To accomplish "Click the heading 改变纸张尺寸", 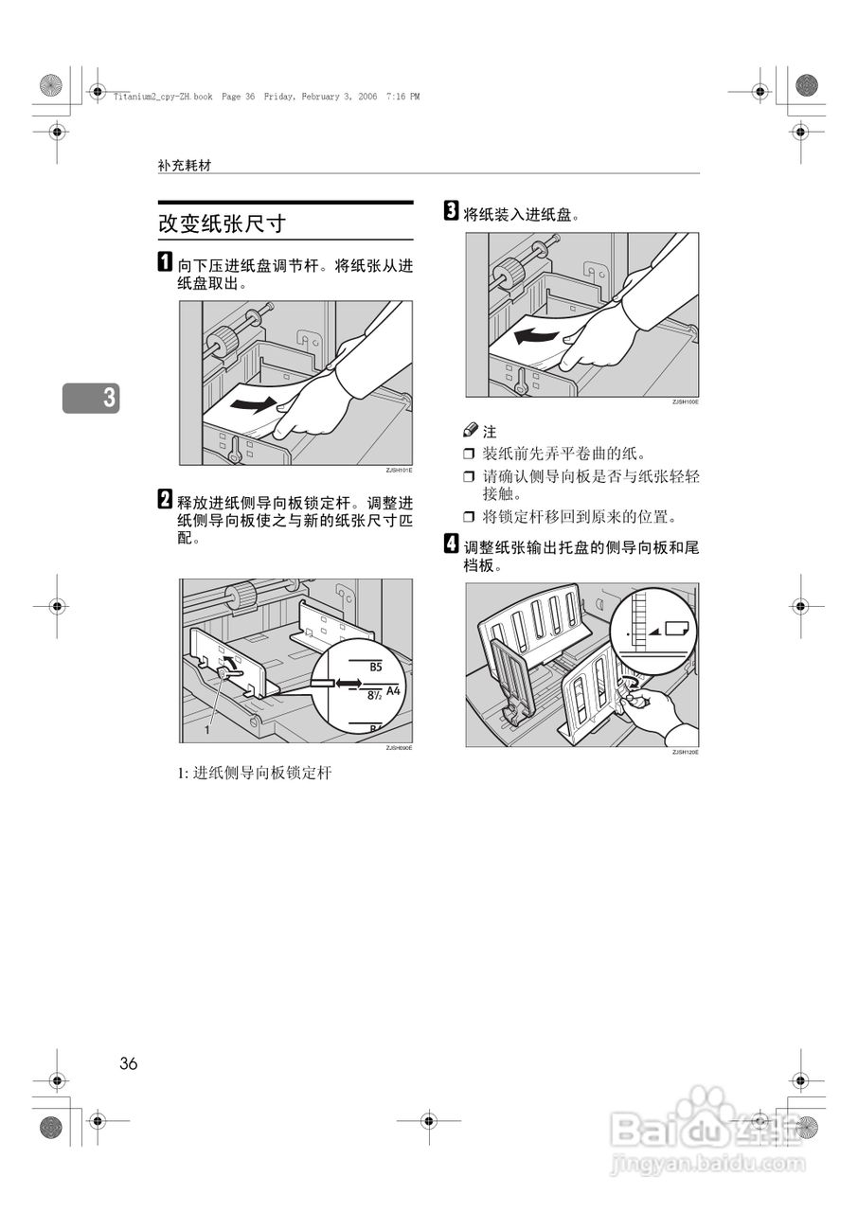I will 222,224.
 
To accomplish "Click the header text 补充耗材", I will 185,165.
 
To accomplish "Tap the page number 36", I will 129,1063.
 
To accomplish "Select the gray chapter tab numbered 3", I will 92,398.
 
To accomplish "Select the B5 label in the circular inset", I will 376,668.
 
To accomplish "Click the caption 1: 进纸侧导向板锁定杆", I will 255,774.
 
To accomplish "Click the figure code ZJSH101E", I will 399,471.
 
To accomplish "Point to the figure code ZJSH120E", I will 685,752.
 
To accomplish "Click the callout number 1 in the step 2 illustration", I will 206,731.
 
